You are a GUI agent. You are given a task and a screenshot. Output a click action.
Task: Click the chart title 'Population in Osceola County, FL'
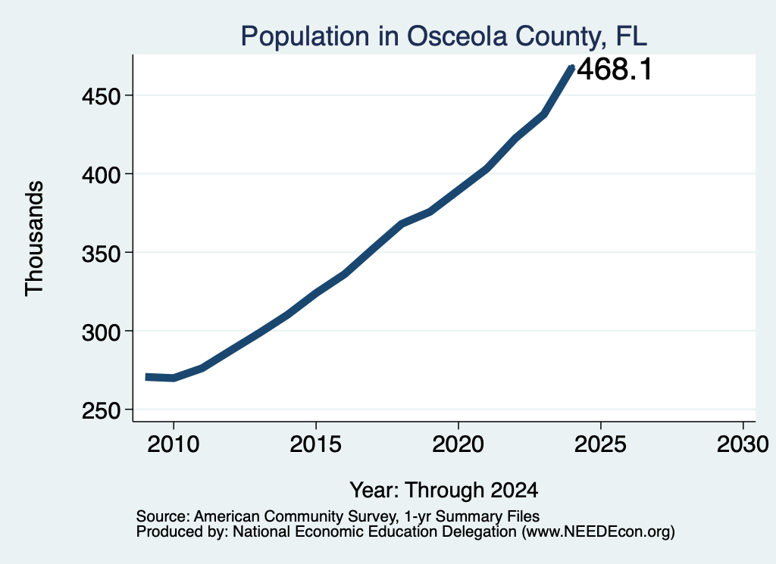click(x=444, y=36)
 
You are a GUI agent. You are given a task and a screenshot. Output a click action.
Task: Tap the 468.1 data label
click(x=615, y=69)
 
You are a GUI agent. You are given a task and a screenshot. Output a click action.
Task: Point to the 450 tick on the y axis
click(x=102, y=96)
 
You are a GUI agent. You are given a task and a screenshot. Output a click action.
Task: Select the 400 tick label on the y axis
click(x=102, y=175)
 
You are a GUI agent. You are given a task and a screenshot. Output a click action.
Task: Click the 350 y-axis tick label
click(x=102, y=254)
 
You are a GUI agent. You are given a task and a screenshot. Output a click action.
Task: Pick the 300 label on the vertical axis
click(x=102, y=332)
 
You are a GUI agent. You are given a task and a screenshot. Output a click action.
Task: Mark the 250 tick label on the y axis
click(x=102, y=410)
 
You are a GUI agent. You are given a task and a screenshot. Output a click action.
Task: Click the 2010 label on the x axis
click(x=174, y=444)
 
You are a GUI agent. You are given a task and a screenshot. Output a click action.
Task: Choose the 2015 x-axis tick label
click(x=316, y=444)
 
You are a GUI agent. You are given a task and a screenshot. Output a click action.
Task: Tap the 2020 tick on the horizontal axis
click(x=458, y=444)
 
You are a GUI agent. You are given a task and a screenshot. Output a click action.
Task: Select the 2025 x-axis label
click(x=601, y=444)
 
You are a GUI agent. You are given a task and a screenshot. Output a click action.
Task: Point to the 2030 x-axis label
click(x=743, y=444)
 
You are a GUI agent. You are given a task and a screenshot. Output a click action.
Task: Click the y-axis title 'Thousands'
click(x=35, y=238)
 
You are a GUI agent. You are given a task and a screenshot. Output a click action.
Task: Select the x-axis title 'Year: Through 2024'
click(x=444, y=491)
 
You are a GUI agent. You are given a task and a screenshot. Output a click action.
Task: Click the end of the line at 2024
click(x=572, y=68)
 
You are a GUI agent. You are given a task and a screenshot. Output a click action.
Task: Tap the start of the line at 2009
click(x=147, y=377)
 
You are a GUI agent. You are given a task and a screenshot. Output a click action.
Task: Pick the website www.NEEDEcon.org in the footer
click(x=598, y=532)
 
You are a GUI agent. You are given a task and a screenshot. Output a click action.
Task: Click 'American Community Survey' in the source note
click(x=295, y=516)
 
